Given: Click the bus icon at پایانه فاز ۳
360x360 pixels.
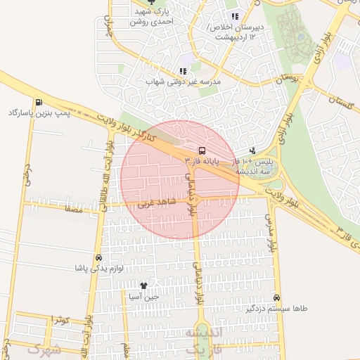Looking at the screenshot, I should pyautogui.click(x=202, y=150).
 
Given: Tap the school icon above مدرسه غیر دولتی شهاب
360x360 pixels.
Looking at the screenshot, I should pyautogui.click(x=183, y=71).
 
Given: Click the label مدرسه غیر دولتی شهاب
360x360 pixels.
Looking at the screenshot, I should pyautogui.click(x=183, y=82).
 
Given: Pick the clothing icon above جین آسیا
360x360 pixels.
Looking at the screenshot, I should pyautogui.click(x=143, y=285).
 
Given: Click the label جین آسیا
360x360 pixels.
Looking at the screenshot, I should pyautogui.click(x=143, y=296).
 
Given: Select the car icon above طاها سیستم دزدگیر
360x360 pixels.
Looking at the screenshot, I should pyautogui.click(x=276, y=297).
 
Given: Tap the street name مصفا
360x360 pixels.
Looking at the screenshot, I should pyautogui.click(x=73, y=209).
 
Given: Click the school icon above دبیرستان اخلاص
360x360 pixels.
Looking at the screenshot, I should pyautogui.click(x=235, y=16).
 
